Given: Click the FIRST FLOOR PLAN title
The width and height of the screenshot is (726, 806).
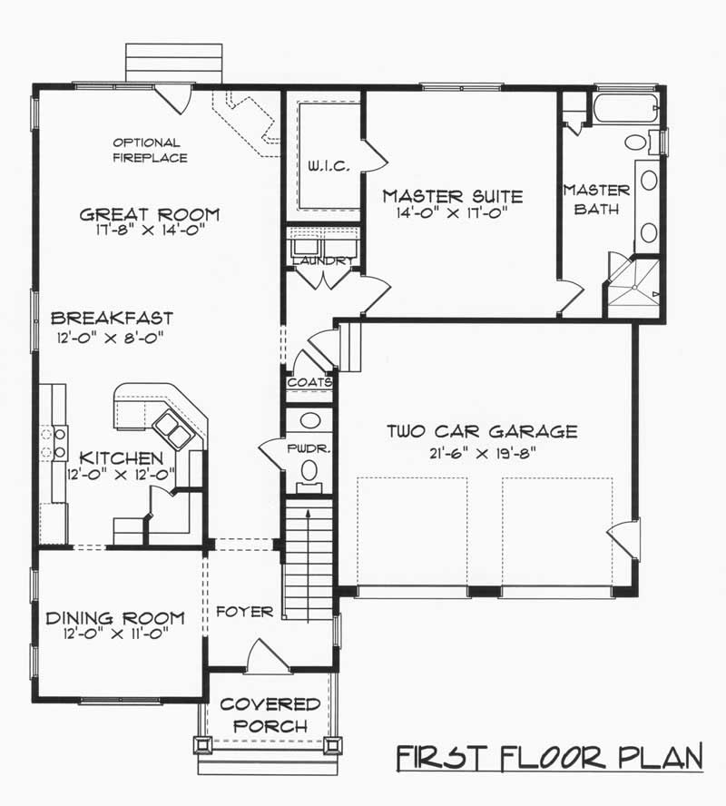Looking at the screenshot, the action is [549, 757].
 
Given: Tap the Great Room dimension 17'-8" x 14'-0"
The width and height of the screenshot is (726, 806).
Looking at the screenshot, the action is [150, 230].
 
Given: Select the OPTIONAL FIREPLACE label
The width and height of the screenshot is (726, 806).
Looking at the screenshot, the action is [150, 150].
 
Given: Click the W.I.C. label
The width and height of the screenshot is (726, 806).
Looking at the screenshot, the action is [329, 165].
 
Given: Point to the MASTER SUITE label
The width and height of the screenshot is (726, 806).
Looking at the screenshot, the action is [453, 196].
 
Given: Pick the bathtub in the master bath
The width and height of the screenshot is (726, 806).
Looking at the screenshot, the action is [626, 108].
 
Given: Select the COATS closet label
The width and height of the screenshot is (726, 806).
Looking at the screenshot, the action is [309, 382].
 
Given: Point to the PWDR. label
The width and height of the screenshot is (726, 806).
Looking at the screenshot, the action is [309, 448].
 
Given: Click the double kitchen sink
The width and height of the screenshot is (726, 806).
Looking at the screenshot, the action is [172, 429].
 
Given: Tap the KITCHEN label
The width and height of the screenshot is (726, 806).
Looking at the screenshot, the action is [122, 457].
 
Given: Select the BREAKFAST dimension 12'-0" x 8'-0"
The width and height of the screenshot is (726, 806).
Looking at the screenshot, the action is [110, 339].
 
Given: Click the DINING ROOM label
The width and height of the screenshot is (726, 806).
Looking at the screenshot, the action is [115, 617].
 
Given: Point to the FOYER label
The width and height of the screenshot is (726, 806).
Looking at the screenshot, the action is [244, 612].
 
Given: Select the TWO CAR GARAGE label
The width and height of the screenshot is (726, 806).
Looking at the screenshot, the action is [482, 431].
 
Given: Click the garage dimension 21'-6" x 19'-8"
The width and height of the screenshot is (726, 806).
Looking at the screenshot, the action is [483, 454].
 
